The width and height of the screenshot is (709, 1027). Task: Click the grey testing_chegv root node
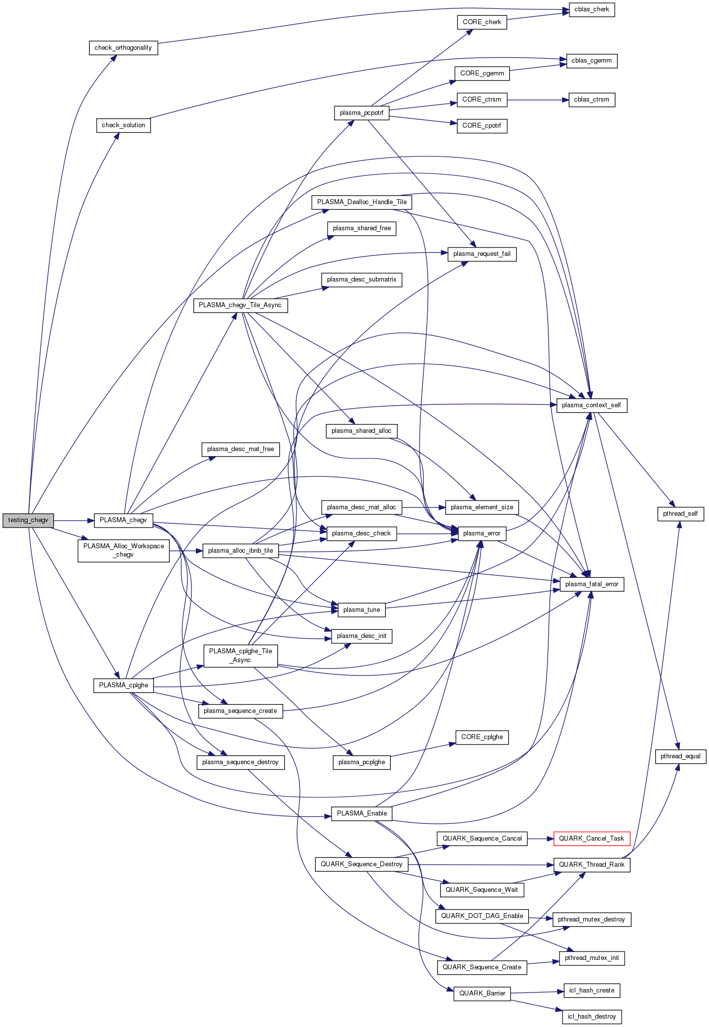tap(28, 520)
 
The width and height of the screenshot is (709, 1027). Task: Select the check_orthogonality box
tap(123, 48)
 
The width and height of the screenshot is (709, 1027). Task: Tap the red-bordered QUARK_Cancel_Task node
tap(592, 838)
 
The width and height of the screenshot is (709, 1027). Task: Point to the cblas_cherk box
tap(592, 9)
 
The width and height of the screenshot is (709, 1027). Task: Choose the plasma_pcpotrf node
tap(362, 113)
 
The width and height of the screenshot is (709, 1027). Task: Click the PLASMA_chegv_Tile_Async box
tap(240, 305)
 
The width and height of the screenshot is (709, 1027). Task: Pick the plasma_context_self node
tap(592, 405)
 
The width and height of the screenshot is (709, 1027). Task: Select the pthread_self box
tap(680, 514)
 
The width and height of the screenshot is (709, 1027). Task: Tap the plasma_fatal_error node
tap(592, 584)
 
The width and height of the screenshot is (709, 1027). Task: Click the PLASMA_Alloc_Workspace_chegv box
tap(124, 550)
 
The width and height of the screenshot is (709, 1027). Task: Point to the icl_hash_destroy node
tap(592, 1016)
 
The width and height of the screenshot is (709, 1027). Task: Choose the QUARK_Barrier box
tap(482, 993)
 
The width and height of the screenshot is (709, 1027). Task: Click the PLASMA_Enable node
tap(362, 813)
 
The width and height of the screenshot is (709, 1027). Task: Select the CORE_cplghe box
tap(482, 737)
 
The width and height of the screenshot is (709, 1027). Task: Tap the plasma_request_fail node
tap(482, 254)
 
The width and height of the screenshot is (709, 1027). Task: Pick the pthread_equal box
tap(680, 756)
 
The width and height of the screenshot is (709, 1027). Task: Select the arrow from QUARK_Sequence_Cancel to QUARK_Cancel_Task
tap(540, 838)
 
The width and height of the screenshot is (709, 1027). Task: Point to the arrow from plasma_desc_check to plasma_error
tap(427, 533)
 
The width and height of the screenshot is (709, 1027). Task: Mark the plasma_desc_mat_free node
tap(240, 449)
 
